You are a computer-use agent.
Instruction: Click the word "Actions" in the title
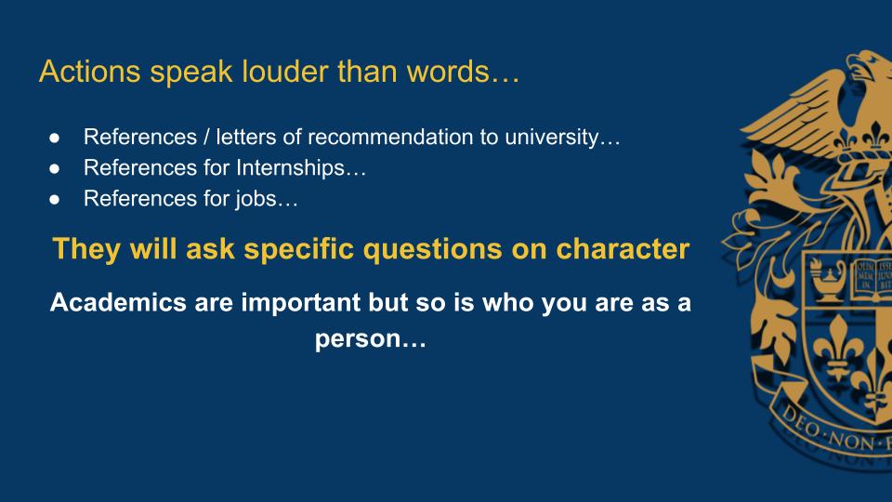click(x=90, y=72)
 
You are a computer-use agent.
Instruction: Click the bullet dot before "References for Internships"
click(x=54, y=168)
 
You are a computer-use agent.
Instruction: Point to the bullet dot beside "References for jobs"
click(x=54, y=199)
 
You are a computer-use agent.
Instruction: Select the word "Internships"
click(x=290, y=168)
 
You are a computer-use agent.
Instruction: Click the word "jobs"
click(x=256, y=199)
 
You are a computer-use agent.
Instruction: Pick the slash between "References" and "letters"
click(x=206, y=138)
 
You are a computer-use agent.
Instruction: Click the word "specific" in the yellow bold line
click(x=298, y=249)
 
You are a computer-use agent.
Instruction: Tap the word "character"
click(x=623, y=249)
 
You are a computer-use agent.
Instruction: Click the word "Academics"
click(x=118, y=302)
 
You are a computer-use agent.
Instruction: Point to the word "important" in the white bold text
click(x=300, y=303)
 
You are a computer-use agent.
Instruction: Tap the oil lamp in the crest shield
click(x=828, y=280)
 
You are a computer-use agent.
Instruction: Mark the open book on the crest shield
click(x=872, y=279)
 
